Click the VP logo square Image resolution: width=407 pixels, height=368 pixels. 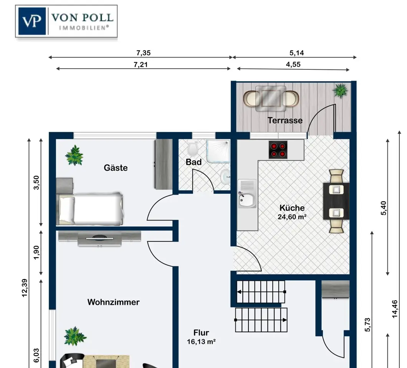(x=33, y=21)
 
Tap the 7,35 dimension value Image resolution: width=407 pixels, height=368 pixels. (x=143, y=53)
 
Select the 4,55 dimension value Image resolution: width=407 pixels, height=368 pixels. (x=293, y=64)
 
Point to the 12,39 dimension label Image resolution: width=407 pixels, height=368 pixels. (x=25, y=287)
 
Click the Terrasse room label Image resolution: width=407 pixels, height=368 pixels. (x=285, y=120)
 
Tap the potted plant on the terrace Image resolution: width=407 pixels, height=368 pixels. (x=341, y=90)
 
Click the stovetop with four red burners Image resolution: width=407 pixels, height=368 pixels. (x=278, y=150)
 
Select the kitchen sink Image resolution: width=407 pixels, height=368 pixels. (x=247, y=194)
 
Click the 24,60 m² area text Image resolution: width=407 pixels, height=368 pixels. (x=292, y=217)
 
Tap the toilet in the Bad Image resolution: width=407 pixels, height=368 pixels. (x=193, y=148)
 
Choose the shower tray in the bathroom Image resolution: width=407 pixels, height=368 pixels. (x=218, y=151)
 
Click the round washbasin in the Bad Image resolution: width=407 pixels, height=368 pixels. (x=225, y=177)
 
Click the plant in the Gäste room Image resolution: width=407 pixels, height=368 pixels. (x=74, y=155)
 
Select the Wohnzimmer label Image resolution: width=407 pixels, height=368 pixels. (x=113, y=302)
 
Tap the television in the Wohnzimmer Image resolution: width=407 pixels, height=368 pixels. (x=99, y=238)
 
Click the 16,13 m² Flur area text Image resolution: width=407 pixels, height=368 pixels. (x=201, y=342)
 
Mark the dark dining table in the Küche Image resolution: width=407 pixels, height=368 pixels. (x=336, y=201)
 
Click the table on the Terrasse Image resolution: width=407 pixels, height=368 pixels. (x=271, y=99)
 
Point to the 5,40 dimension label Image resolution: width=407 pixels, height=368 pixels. (x=383, y=208)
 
